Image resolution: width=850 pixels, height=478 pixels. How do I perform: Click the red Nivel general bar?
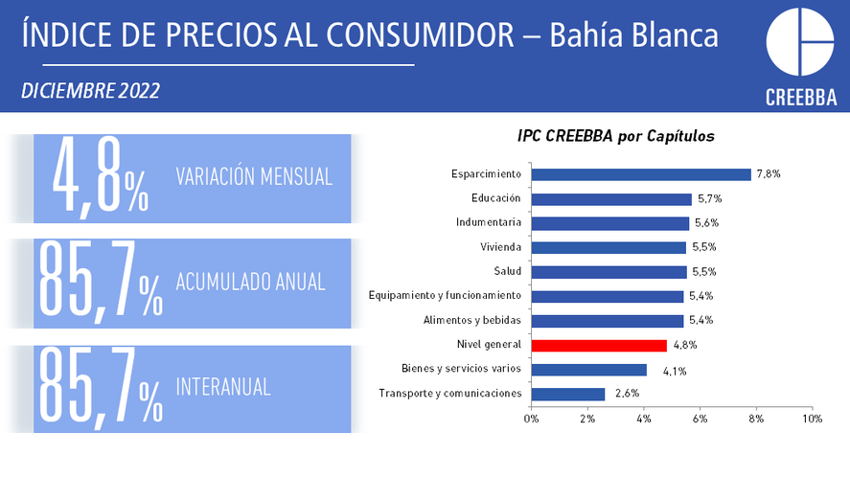[x=599, y=346]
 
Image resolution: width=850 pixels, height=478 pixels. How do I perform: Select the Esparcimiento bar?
[x=641, y=174]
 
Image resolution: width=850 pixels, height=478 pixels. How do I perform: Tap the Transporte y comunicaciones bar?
[x=568, y=394]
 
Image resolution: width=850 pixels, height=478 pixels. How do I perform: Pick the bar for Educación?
[x=611, y=199]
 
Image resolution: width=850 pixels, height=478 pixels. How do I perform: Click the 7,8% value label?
[x=769, y=174]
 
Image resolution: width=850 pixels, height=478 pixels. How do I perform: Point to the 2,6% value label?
[x=628, y=394]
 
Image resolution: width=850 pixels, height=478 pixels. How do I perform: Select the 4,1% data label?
[x=675, y=372]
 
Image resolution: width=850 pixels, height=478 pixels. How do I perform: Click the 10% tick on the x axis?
[x=812, y=419]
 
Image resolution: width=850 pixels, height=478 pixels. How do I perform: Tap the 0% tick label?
[x=531, y=419]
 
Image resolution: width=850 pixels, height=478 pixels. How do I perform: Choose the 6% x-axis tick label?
[x=700, y=419]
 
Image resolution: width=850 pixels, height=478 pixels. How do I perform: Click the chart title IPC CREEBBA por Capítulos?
[x=616, y=136]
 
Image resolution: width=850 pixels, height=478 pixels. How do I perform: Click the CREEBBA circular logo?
[x=800, y=42]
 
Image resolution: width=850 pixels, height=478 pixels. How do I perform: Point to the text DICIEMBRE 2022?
[x=90, y=91]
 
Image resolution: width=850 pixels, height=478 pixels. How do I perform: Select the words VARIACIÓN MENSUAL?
[x=254, y=177]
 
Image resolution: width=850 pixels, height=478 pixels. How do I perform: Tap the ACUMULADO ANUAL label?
[x=250, y=282]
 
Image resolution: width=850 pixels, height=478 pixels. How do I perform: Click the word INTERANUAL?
[x=222, y=387]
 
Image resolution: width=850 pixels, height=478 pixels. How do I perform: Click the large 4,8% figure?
[x=101, y=176]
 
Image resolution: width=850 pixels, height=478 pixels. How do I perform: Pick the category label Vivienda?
[x=500, y=247]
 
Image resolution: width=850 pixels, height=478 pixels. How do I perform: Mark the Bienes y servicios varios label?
[x=461, y=369]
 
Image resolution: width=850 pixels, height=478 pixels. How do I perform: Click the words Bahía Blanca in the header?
[x=633, y=35]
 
